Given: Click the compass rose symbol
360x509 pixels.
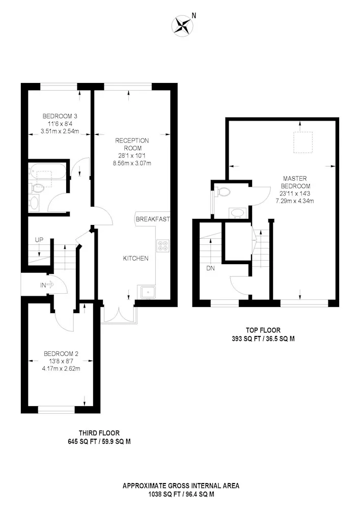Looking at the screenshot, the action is click(x=182, y=25).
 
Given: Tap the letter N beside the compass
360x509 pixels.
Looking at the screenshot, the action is click(x=194, y=15).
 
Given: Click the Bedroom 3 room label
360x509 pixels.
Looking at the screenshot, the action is click(x=60, y=116).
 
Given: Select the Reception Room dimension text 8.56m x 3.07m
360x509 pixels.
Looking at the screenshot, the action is click(x=132, y=163).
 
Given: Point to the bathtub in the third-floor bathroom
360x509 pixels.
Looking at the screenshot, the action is click(x=47, y=172).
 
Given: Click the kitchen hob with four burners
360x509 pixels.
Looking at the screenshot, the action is click(x=163, y=245).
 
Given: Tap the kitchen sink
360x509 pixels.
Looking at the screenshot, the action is click(x=148, y=292).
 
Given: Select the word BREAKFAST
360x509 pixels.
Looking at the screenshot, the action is click(x=153, y=219).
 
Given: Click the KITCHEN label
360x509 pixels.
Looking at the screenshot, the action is click(x=135, y=259).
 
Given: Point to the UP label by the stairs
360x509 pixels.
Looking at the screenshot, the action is click(x=39, y=240).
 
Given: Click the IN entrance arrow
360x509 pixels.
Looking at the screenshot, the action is click(x=47, y=285).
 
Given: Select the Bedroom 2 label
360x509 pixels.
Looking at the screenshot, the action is click(x=61, y=354).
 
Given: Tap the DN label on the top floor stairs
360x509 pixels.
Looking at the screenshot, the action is click(x=211, y=268).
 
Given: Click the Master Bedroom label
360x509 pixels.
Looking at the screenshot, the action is click(x=295, y=182).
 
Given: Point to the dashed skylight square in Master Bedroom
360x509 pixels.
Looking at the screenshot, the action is click(x=303, y=142).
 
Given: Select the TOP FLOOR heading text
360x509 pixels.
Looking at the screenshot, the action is click(x=263, y=330).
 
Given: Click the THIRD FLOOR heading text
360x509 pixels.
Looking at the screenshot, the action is click(x=99, y=433).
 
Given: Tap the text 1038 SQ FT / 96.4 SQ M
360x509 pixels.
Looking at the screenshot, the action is click(x=181, y=494).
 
